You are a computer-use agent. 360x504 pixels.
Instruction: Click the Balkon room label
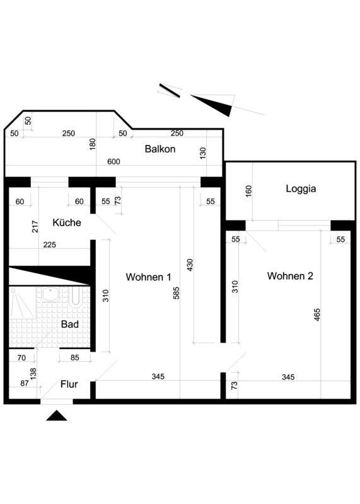pyautogui.click(x=160, y=149)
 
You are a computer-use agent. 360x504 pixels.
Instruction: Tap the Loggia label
pyautogui.click(x=301, y=188)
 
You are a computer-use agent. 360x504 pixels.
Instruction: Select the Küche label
pyautogui.click(x=67, y=222)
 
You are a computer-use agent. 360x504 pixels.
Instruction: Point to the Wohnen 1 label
pyautogui.click(x=148, y=277)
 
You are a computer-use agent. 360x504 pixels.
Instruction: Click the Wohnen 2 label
pyautogui.click(x=290, y=276)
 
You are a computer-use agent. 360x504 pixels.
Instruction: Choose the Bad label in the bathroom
pyautogui.click(x=70, y=324)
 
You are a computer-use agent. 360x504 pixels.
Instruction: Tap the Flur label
pyautogui.click(x=69, y=384)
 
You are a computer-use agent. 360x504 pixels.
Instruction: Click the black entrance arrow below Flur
pyautogui.click(x=57, y=415)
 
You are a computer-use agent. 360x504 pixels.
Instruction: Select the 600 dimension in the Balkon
pyautogui.click(x=113, y=161)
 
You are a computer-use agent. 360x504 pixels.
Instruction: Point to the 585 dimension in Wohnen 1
pyautogui.click(x=177, y=293)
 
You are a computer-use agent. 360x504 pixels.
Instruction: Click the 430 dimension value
pyautogui.click(x=190, y=265)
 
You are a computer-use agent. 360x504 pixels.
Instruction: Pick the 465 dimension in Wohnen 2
pyautogui.click(x=316, y=315)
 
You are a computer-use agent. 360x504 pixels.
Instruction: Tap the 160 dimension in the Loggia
pyautogui.click(x=248, y=192)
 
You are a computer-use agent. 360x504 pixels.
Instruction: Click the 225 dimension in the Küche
pyautogui.click(x=50, y=244)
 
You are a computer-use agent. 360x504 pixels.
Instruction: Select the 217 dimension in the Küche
pyautogui.click(x=35, y=226)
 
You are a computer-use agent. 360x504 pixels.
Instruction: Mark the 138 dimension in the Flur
pyautogui.click(x=33, y=374)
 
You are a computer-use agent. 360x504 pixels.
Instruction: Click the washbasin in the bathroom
pyautogui.click(x=50, y=294)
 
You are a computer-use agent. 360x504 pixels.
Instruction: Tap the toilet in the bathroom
pyautogui.click(x=76, y=295)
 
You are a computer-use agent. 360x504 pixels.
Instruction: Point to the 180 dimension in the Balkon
pyautogui.click(x=92, y=145)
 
